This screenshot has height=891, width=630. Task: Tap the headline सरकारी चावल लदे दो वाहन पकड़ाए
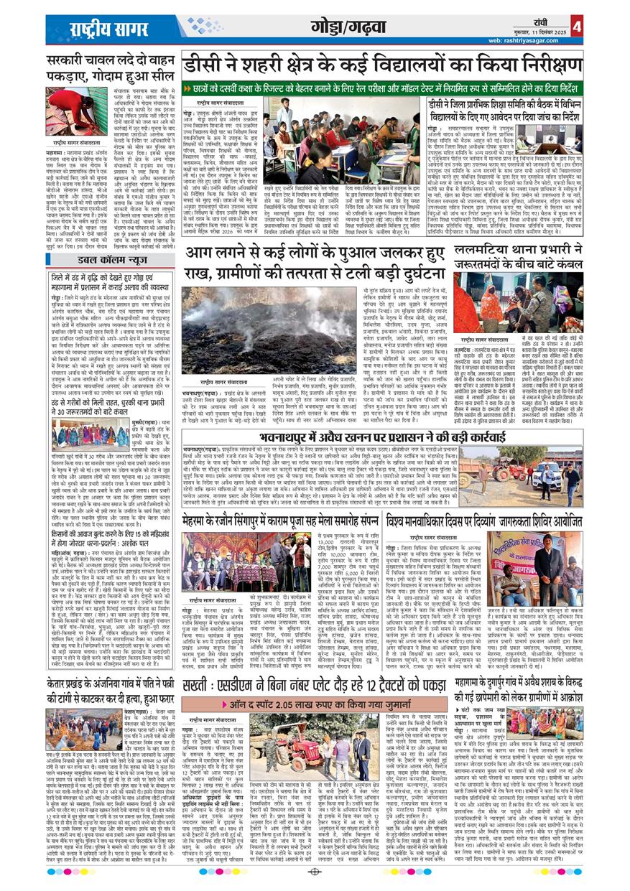(x=108, y=68)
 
